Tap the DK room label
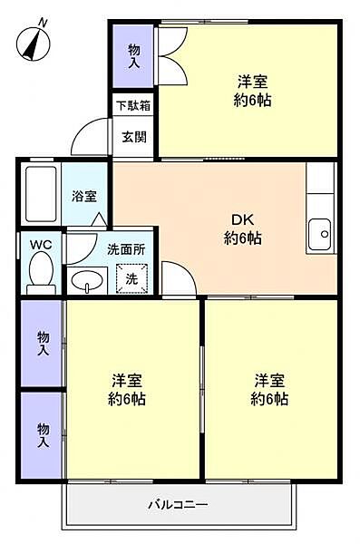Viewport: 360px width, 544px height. tap(243, 220)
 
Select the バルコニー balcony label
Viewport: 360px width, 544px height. tap(179, 504)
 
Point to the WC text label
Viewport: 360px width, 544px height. tap(40, 245)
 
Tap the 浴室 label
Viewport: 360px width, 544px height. tap(85, 195)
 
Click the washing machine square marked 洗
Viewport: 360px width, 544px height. tap(131, 279)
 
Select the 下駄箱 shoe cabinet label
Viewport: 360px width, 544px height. tap(133, 104)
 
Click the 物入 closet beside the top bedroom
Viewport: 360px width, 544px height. tap(133, 56)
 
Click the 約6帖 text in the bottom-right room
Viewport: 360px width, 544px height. tap(269, 400)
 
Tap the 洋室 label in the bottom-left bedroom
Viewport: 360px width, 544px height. tap(128, 380)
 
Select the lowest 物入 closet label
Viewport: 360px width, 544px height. tap(43, 435)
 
